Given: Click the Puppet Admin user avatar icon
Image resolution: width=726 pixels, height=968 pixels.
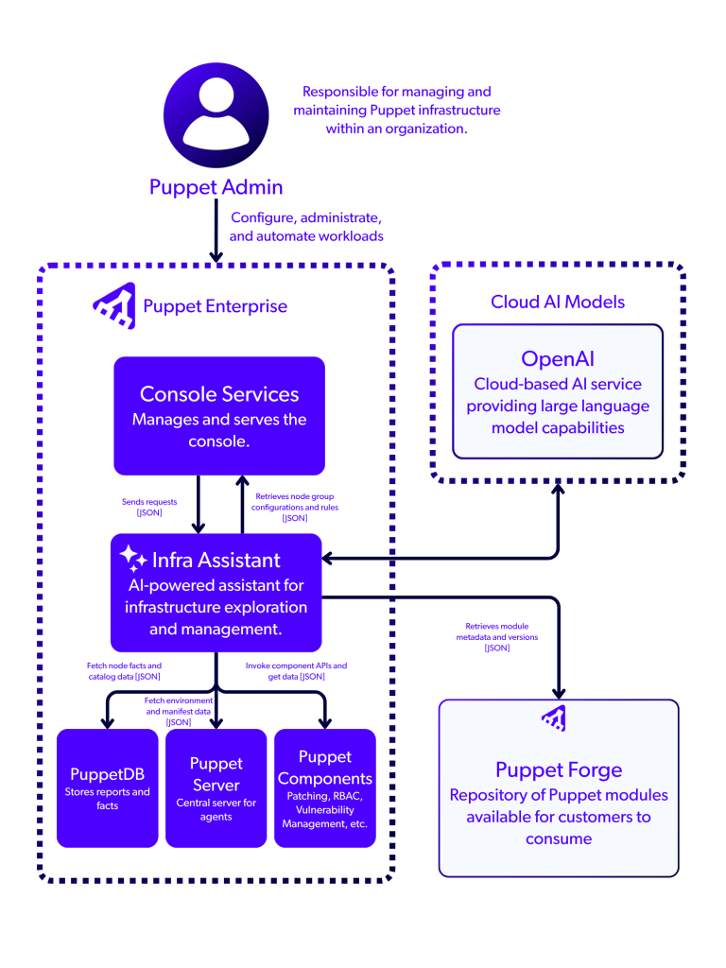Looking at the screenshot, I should [x=216, y=118].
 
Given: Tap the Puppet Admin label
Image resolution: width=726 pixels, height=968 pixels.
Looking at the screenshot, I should [x=216, y=186].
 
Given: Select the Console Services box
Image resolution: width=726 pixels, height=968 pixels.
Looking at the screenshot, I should [x=219, y=415].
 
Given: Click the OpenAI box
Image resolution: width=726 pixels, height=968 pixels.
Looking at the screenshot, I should [x=558, y=390].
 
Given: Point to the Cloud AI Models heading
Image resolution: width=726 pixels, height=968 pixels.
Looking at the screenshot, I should [x=558, y=302].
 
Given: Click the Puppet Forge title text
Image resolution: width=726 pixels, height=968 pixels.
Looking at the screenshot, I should [x=559, y=769].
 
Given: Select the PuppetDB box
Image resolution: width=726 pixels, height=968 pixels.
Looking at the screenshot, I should [x=107, y=787].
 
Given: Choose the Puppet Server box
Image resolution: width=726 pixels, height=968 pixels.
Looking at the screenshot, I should [x=216, y=787].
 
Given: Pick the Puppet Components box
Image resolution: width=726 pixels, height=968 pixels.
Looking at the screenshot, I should [x=325, y=787].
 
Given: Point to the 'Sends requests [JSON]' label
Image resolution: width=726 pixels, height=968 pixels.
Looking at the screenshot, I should [x=149, y=507].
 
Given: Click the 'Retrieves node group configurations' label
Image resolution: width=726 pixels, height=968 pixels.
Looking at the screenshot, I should [x=294, y=507].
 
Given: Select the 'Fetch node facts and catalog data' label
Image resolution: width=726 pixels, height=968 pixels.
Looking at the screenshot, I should [x=123, y=671].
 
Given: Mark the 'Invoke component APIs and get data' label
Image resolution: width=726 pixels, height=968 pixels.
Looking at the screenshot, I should [x=296, y=671].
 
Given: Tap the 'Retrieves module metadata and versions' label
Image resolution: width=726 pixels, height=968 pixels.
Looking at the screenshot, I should [x=496, y=636].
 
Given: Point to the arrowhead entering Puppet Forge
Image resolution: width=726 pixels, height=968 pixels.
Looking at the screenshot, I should [x=558, y=689].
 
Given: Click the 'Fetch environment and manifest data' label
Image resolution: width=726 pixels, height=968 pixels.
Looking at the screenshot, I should [x=179, y=711].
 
